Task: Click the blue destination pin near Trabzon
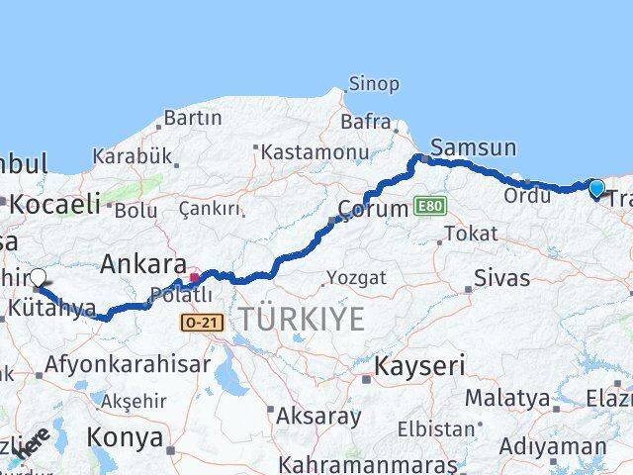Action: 596,188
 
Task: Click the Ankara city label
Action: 142,264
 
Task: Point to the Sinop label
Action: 375,85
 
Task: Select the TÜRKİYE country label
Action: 301,319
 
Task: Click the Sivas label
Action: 501,278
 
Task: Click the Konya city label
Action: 125,436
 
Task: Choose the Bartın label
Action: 193,118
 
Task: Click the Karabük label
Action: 133,156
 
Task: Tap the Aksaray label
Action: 318,416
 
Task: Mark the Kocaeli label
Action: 55,204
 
